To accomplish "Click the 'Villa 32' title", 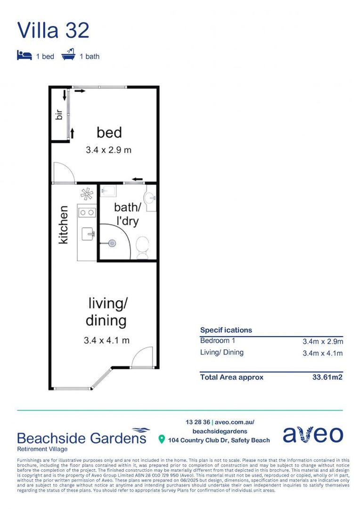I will (x=53, y=30).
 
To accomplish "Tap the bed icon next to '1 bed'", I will (x=25, y=56).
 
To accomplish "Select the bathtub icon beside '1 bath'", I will (x=69, y=56).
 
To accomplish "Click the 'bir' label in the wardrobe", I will (x=59, y=114).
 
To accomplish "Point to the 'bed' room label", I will (x=109, y=132).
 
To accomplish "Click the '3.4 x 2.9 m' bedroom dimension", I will (x=108, y=150).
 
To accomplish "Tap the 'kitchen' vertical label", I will (x=63, y=224).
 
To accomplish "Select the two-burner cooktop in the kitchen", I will (x=86, y=213).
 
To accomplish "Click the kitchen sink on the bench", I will (x=88, y=233).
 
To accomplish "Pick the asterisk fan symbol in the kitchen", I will (x=87, y=194).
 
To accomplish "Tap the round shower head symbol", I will (x=112, y=243).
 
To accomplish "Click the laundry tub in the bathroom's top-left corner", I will (x=108, y=191).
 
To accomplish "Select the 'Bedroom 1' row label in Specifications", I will (x=217, y=341).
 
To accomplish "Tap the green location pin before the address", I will (x=162, y=440).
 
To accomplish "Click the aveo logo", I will (x=313, y=435).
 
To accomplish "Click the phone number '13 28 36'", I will (x=198, y=422).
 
